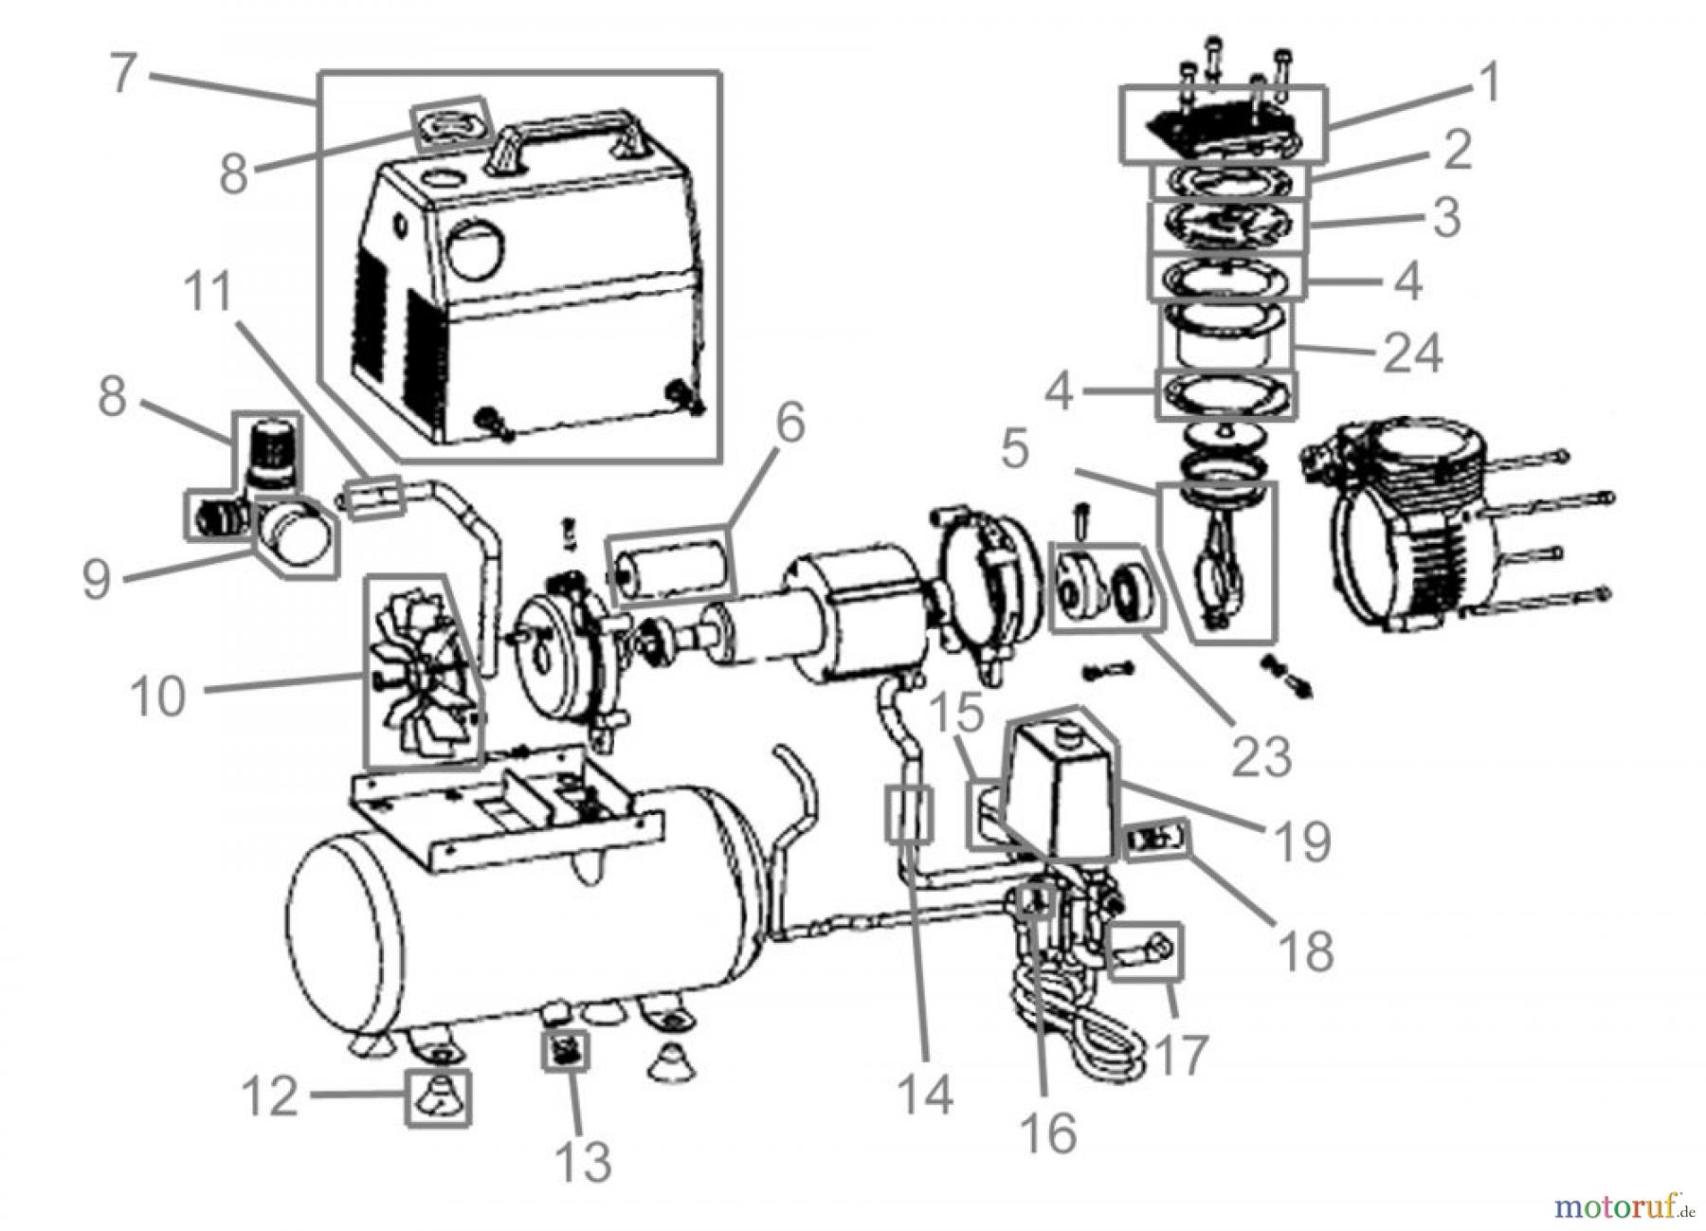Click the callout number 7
121,73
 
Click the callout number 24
1412,354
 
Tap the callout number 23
1261,755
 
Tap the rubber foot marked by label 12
438,1096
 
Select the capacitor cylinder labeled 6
671,567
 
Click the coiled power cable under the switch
1080,1028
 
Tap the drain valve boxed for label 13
566,1050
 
